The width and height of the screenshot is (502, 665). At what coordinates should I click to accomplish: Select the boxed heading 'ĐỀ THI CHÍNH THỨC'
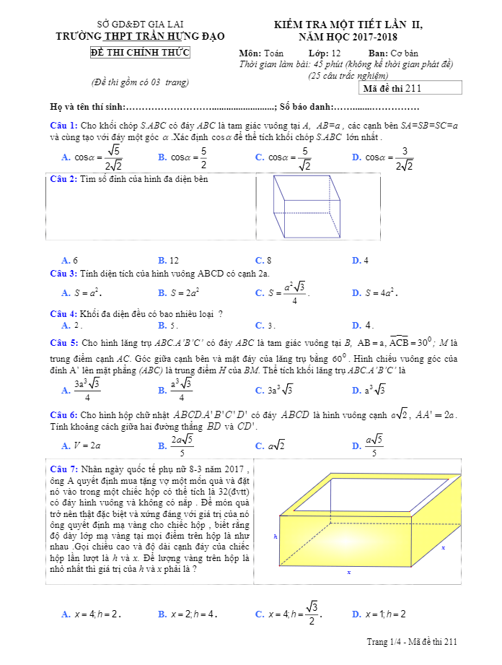coord(141,53)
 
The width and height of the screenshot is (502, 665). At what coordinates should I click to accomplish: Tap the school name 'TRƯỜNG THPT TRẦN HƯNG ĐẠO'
coord(141,36)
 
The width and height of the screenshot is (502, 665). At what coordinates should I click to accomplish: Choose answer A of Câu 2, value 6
coord(70,260)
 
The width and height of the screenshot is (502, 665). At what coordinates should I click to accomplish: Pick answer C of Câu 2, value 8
coord(263,260)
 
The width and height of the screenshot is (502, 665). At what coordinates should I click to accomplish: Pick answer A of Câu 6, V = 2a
coord(81,445)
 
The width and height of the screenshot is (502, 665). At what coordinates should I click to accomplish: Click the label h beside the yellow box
coord(275,536)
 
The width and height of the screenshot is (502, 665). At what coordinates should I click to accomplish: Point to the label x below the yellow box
coord(348,573)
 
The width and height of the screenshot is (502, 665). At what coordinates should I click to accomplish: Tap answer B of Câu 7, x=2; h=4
coord(188,614)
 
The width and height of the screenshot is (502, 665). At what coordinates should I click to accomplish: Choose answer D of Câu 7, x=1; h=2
coord(379,614)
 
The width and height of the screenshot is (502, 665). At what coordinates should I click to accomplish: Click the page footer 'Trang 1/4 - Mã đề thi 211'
coord(412,642)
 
